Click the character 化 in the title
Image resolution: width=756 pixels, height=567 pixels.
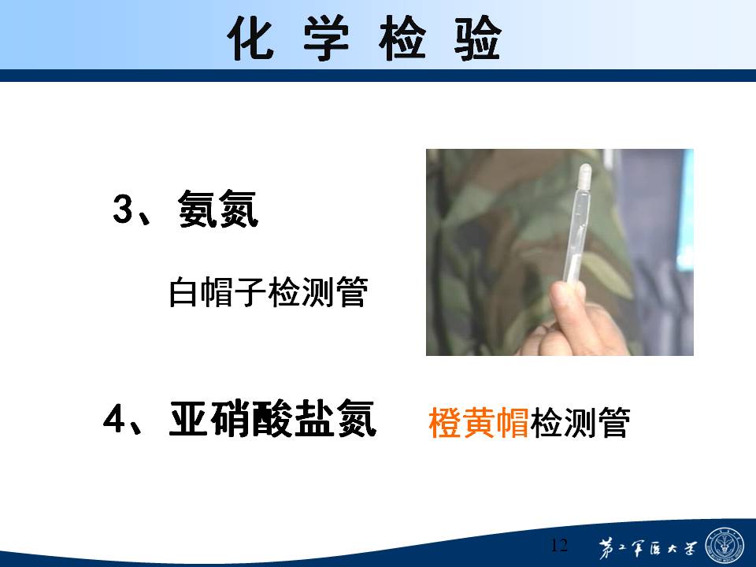tap(250, 38)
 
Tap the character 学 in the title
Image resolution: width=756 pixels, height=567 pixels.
tap(326, 38)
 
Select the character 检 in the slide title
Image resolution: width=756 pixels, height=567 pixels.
tap(402, 38)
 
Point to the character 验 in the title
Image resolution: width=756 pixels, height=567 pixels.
tap(478, 38)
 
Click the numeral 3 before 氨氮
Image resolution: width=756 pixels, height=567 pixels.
tap(123, 209)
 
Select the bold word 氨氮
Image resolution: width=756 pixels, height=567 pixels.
tap(218, 208)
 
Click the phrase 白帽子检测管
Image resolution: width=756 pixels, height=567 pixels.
tap(269, 291)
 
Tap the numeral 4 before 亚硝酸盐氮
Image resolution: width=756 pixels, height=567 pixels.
tap(113, 418)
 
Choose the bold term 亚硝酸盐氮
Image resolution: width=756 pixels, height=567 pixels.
tap(272, 418)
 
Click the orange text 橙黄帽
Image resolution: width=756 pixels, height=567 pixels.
tap(479, 422)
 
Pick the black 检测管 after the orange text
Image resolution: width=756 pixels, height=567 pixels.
tap(580, 422)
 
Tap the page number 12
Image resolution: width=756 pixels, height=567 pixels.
tap(559, 545)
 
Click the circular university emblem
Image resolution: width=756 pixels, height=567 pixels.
tap(724, 545)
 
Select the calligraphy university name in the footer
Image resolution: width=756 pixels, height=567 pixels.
tap(647, 548)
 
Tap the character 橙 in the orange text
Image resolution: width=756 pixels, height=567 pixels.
tap(444, 422)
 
